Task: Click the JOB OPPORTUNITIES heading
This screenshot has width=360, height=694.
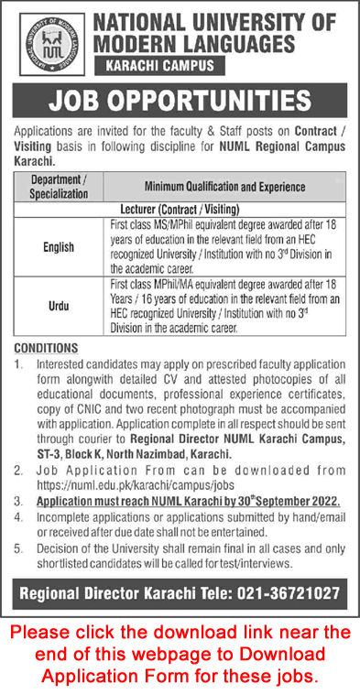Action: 180,99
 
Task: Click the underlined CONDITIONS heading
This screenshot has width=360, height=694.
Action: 45,349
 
